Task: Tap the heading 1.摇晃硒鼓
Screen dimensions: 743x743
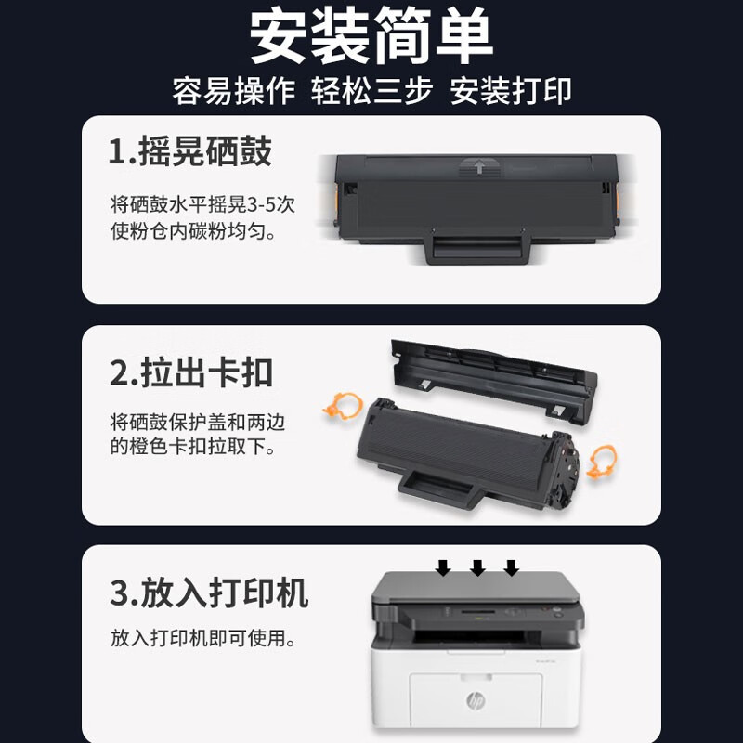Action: coord(190,151)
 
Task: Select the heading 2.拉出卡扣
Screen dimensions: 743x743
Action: coord(191,373)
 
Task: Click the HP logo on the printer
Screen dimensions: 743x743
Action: coord(476,700)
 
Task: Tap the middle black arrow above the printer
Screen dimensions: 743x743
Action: coord(477,567)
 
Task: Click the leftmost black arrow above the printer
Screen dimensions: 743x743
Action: coord(443,567)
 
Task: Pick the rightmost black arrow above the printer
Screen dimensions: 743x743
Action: coord(512,567)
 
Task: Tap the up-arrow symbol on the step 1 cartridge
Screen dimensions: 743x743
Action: coord(479,167)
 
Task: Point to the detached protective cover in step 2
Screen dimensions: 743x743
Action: coord(494,378)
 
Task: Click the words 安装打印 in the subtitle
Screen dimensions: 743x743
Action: coord(510,90)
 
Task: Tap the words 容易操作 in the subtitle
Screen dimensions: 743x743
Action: coord(234,90)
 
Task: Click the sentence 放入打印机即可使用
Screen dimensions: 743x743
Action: coord(202,638)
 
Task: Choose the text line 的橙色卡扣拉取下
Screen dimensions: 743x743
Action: coord(192,447)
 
